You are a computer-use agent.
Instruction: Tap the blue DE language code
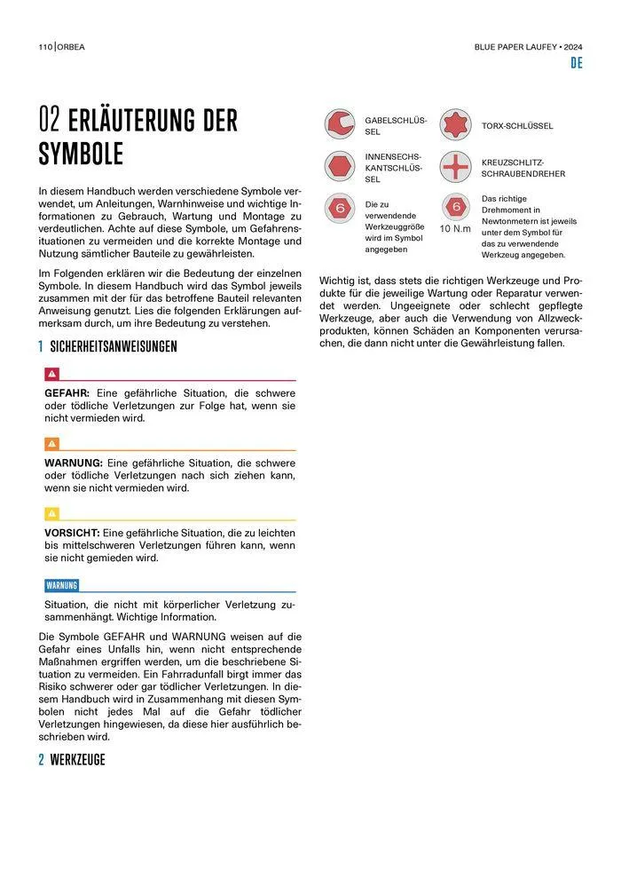click(x=576, y=63)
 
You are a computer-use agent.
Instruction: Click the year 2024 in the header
click(x=570, y=46)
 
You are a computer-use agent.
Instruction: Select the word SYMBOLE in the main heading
click(x=81, y=154)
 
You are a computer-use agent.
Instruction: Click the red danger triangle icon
click(x=51, y=375)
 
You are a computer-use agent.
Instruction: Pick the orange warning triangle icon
click(x=51, y=444)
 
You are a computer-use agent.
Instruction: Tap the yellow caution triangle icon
click(x=51, y=513)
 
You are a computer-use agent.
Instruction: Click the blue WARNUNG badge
click(x=62, y=585)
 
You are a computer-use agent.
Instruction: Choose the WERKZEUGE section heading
click(x=77, y=760)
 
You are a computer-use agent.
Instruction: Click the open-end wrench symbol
click(x=338, y=125)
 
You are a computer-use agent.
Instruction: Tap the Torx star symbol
click(x=455, y=125)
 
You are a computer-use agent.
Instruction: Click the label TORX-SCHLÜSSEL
click(x=517, y=126)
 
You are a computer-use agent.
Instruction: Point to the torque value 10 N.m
click(x=455, y=228)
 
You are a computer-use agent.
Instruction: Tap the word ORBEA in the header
click(x=74, y=46)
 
